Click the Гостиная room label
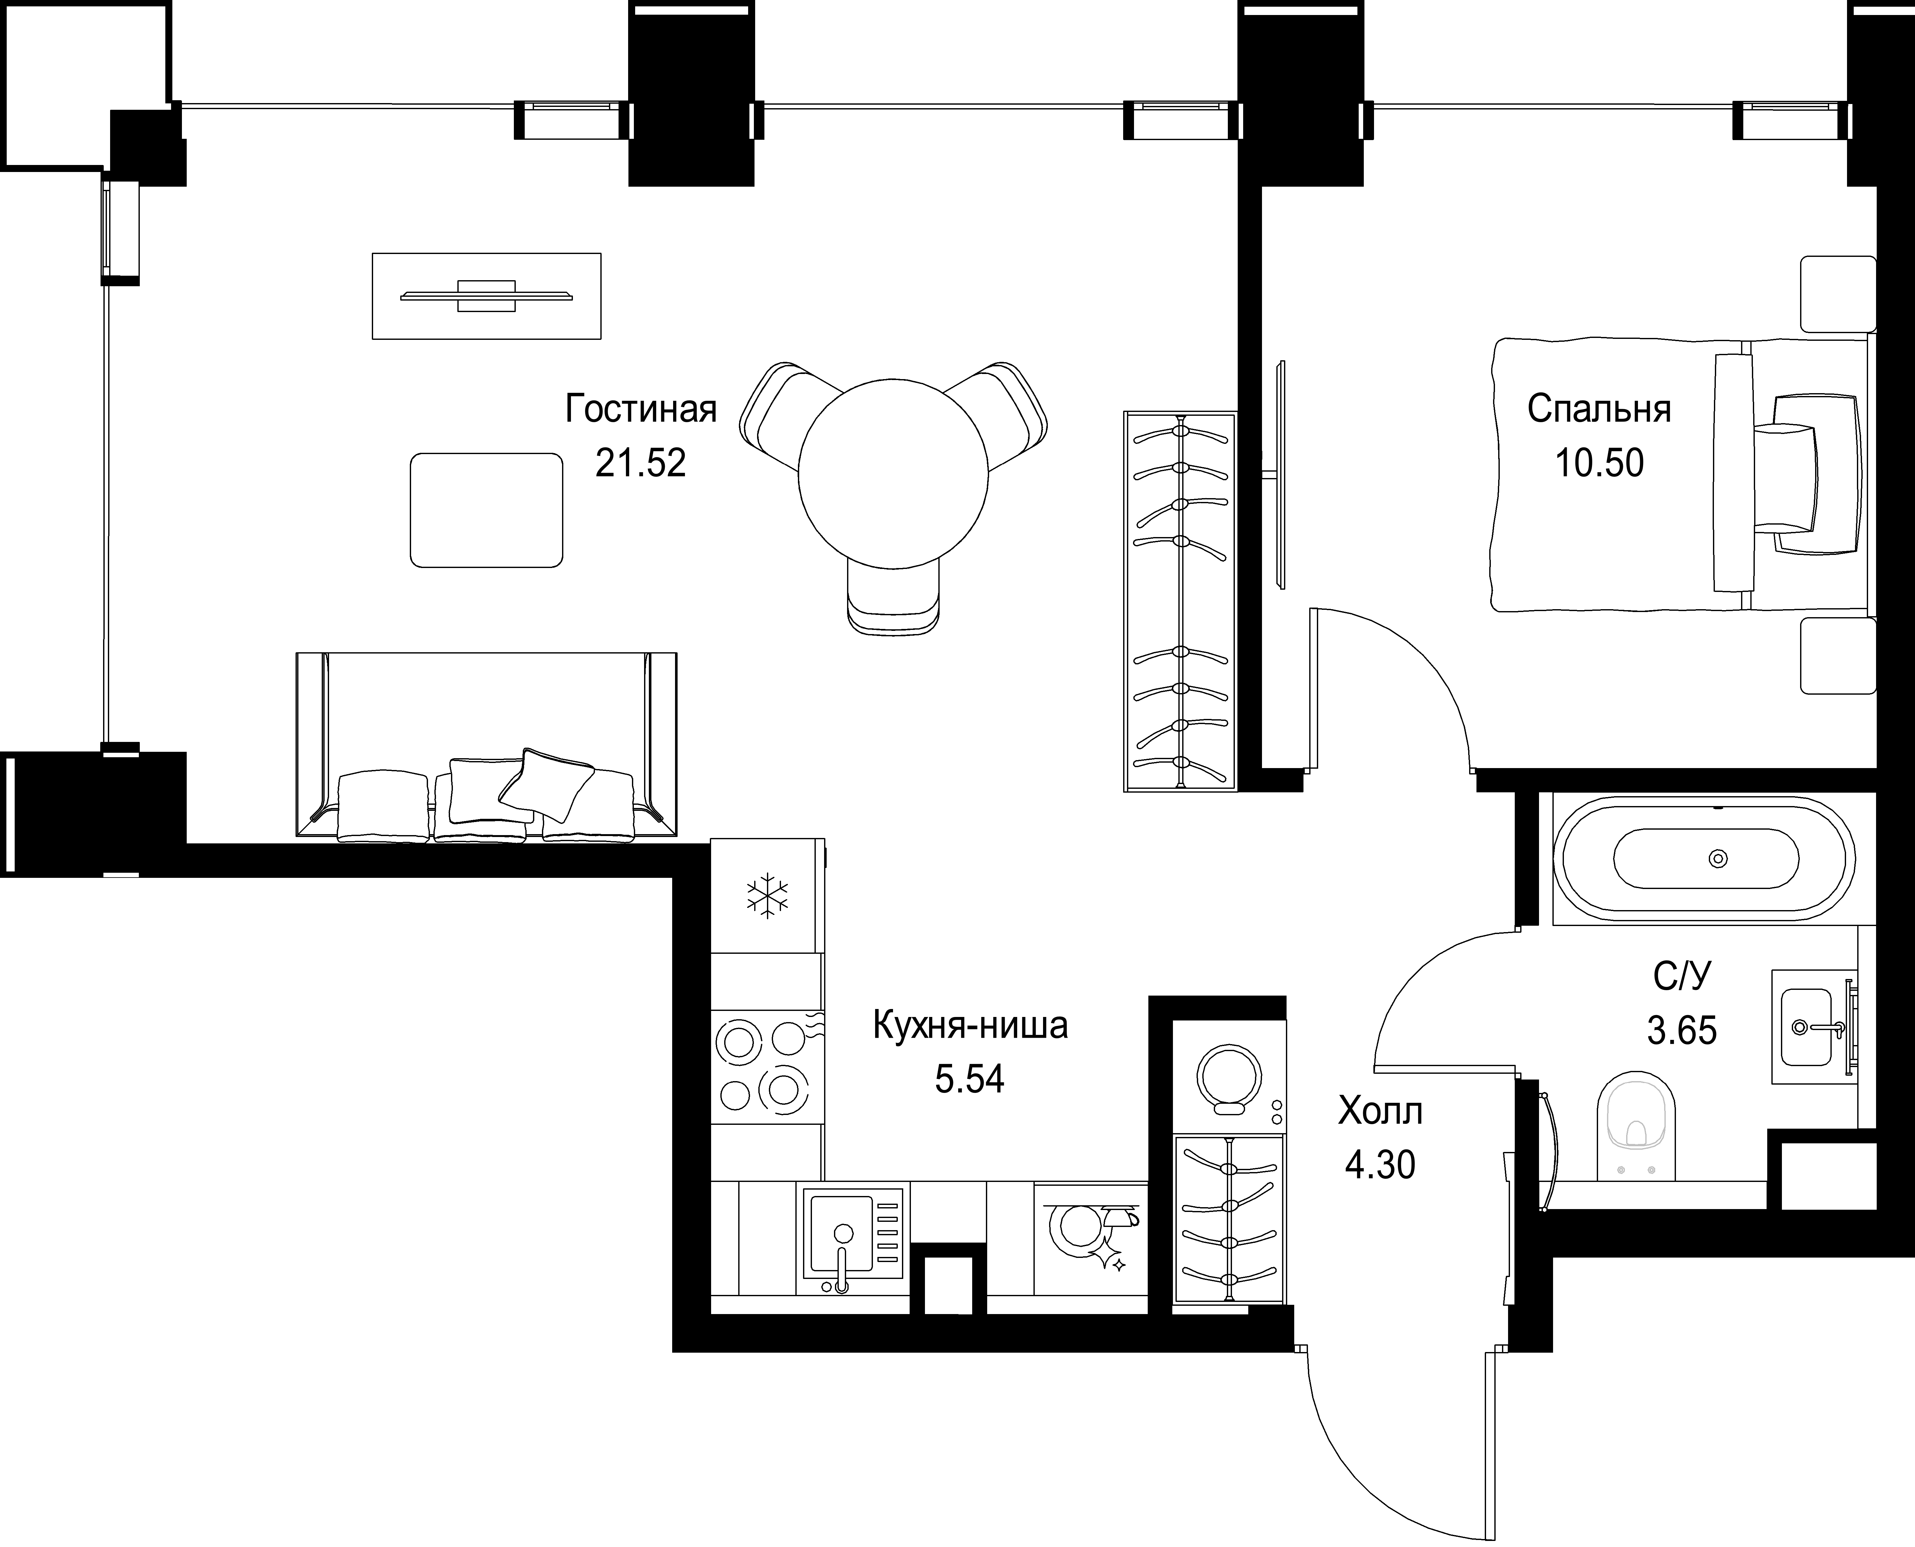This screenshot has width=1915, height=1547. (x=641, y=409)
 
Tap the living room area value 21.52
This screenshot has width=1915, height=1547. (x=641, y=463)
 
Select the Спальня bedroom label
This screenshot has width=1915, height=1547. (x=1599, y=409)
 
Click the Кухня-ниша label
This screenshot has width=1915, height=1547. (x=970, y=1026)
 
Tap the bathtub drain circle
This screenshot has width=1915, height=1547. (x=1718, y=858)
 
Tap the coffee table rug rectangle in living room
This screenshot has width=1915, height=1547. (x=486, y=510)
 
